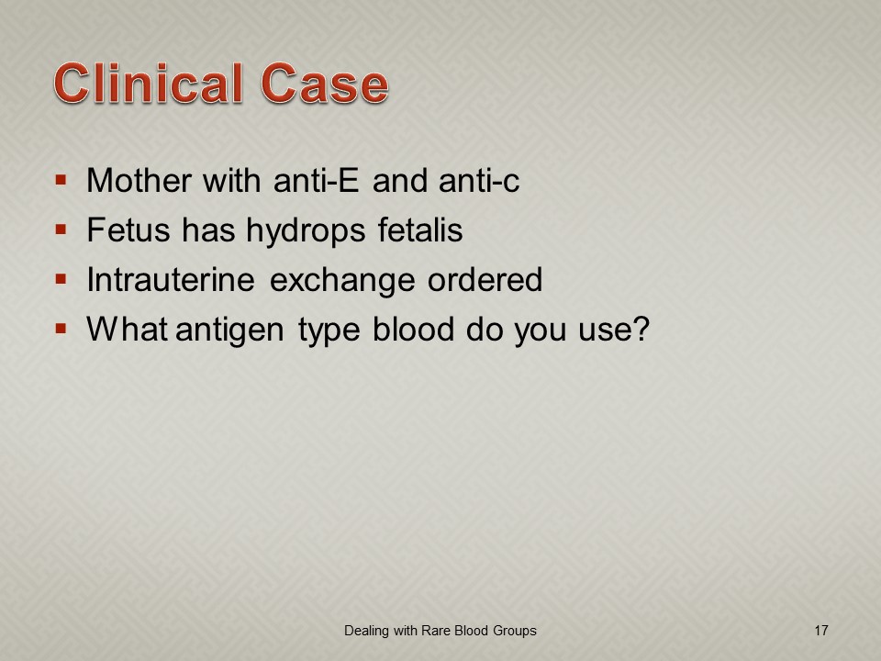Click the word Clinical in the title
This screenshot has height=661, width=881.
pos(149,84)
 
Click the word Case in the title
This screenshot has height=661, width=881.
pos(325,84)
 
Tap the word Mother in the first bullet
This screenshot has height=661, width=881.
pos(139,181)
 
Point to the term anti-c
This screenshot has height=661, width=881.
pos(479,181)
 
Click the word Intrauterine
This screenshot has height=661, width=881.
pos(171,279)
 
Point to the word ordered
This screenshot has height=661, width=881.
pos(485,279)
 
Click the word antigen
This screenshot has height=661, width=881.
pos(229,330)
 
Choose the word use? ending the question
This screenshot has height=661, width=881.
pos(614,329)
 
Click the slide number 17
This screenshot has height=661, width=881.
pos(820,631)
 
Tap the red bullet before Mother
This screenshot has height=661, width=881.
pos(61,181)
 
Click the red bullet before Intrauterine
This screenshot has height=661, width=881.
pos(61,279)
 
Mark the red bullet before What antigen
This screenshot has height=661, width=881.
pos(61,329)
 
